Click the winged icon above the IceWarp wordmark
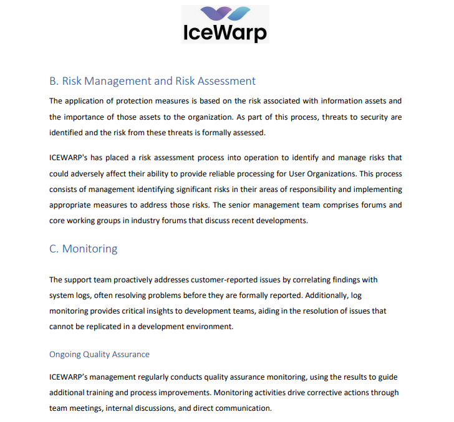pyautogui.click(x=225, y=14)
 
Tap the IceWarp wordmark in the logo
pyautogui.click(x=225, y=32)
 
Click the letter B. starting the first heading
pyautogui.click(x=54, y=81)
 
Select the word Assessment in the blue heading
pyautogui.click(x=225, y=81)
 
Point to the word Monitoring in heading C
pyautogui.click(x=90, y=249)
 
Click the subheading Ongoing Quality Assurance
pyautogui.click(x=99, y=354)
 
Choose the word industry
pyautogui.click(x=148, y=221)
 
